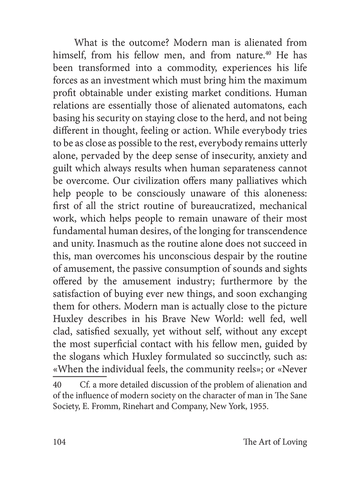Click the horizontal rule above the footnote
point(79,376)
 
